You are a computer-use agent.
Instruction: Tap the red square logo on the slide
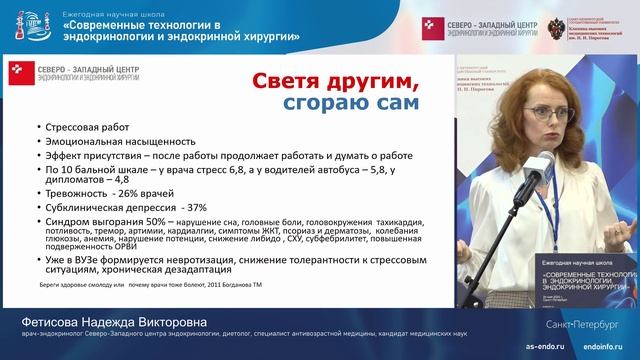coord(20,69)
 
